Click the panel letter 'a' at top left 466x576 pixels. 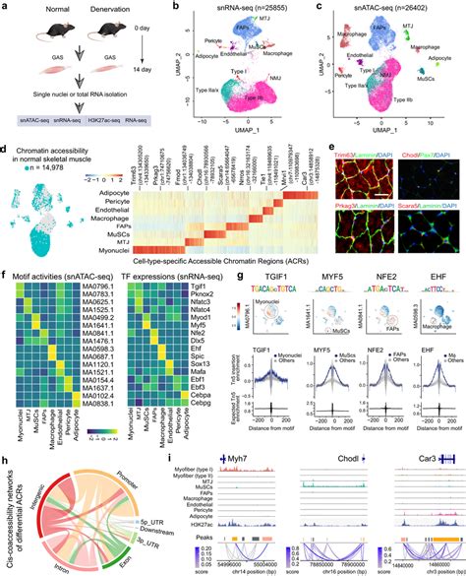point(6,7)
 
